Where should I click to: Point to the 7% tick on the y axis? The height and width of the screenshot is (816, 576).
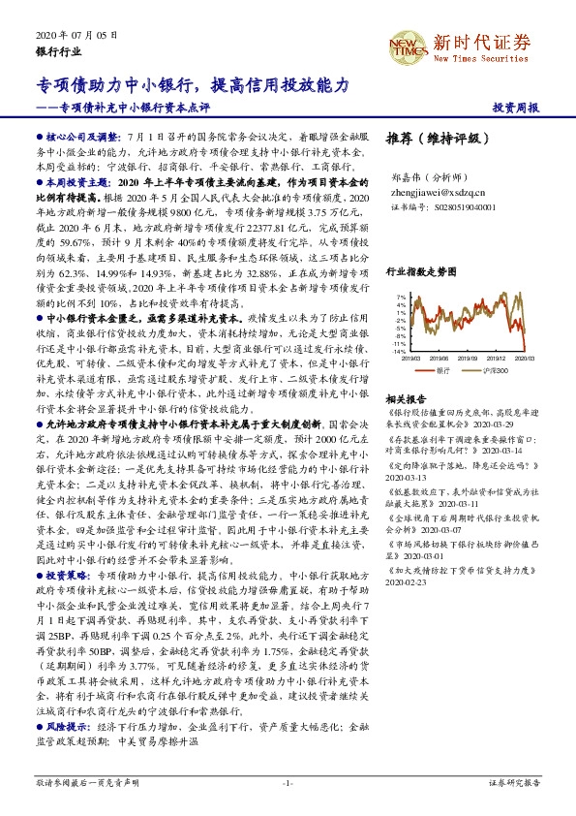click(x=399, y=297)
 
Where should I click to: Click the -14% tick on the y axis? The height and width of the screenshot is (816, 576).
click(x=397, y=351)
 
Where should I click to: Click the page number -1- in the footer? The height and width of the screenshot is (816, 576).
click(x=288, y=782)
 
